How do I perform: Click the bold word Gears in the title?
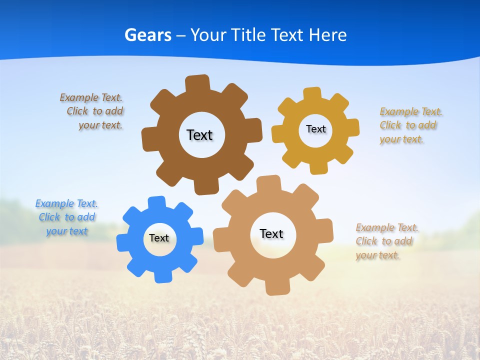[x=148, y=35]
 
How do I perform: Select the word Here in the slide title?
[x=327, y=35]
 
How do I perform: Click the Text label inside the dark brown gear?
[x=199, y=135]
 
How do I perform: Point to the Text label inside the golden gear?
[x=315, y=129]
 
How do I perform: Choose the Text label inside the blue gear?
[x=158, y=238]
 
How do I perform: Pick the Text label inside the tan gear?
[x=271, y=233]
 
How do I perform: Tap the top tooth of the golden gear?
[x=312, y=94]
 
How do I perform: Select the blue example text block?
[x=66, y=217]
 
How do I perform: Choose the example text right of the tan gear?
[x=386, y=241]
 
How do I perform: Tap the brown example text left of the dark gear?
[x=92, y=111]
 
